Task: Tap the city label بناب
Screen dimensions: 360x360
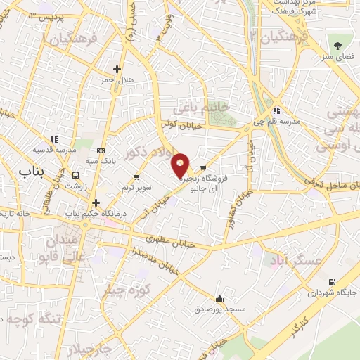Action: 31,171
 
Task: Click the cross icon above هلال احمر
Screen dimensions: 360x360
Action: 117,69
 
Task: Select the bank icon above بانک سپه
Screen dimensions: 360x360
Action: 101,150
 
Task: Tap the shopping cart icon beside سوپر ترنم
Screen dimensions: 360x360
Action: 136,176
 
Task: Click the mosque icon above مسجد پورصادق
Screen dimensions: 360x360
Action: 221,298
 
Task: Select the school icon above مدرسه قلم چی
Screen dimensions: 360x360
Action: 277,110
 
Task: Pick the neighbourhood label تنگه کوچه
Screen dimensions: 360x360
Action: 32,319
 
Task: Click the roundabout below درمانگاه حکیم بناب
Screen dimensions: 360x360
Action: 85,225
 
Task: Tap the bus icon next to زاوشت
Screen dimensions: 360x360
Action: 75,175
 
